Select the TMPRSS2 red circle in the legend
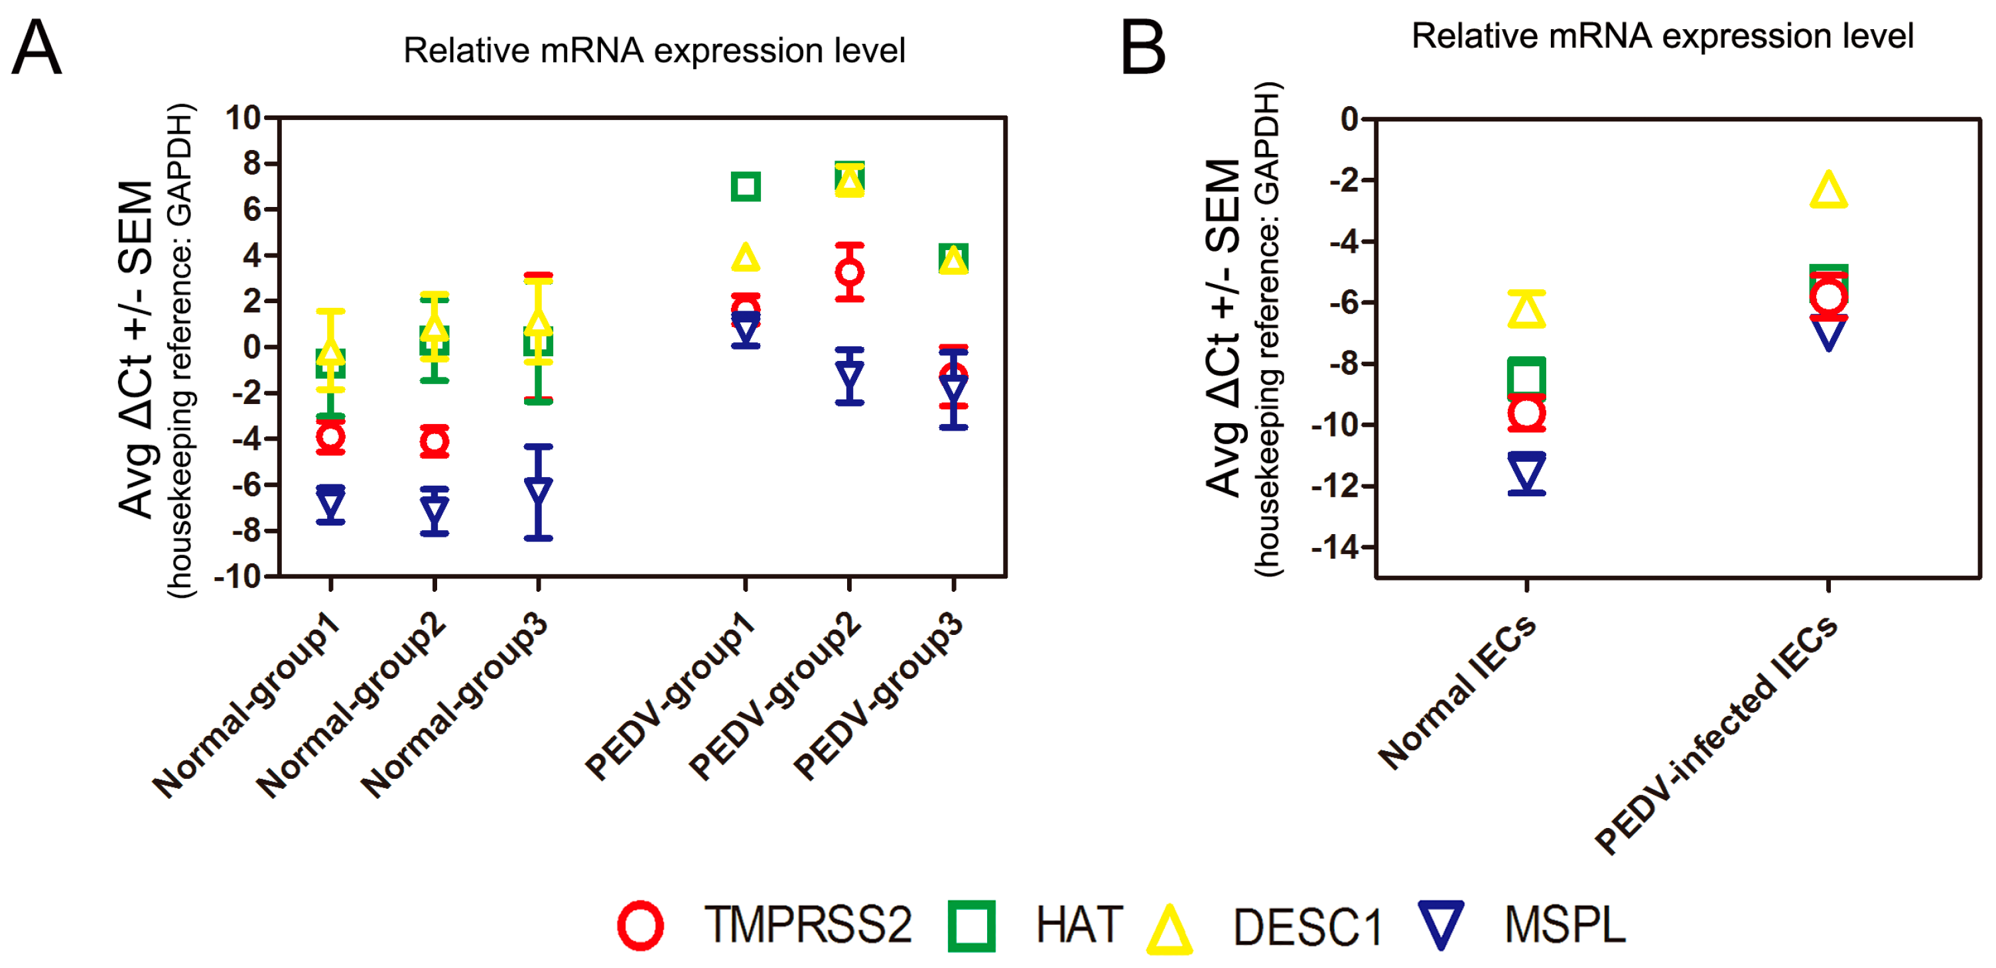click(x=640, y=926)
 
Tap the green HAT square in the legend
click(x=971, y=926)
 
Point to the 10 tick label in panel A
click(x=243, y=119)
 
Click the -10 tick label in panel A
click(x=237, y=577)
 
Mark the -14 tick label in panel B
click(x=1334, y=548)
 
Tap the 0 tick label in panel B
click(x=1350, y=119)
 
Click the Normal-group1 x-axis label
click(x=246, y=705)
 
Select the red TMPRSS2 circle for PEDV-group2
click(x=849, y=272)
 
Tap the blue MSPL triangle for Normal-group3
click(x=539, y=490)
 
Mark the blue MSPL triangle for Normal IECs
click(x=1526, y=472)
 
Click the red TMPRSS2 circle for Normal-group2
click(x=434, y=442)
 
